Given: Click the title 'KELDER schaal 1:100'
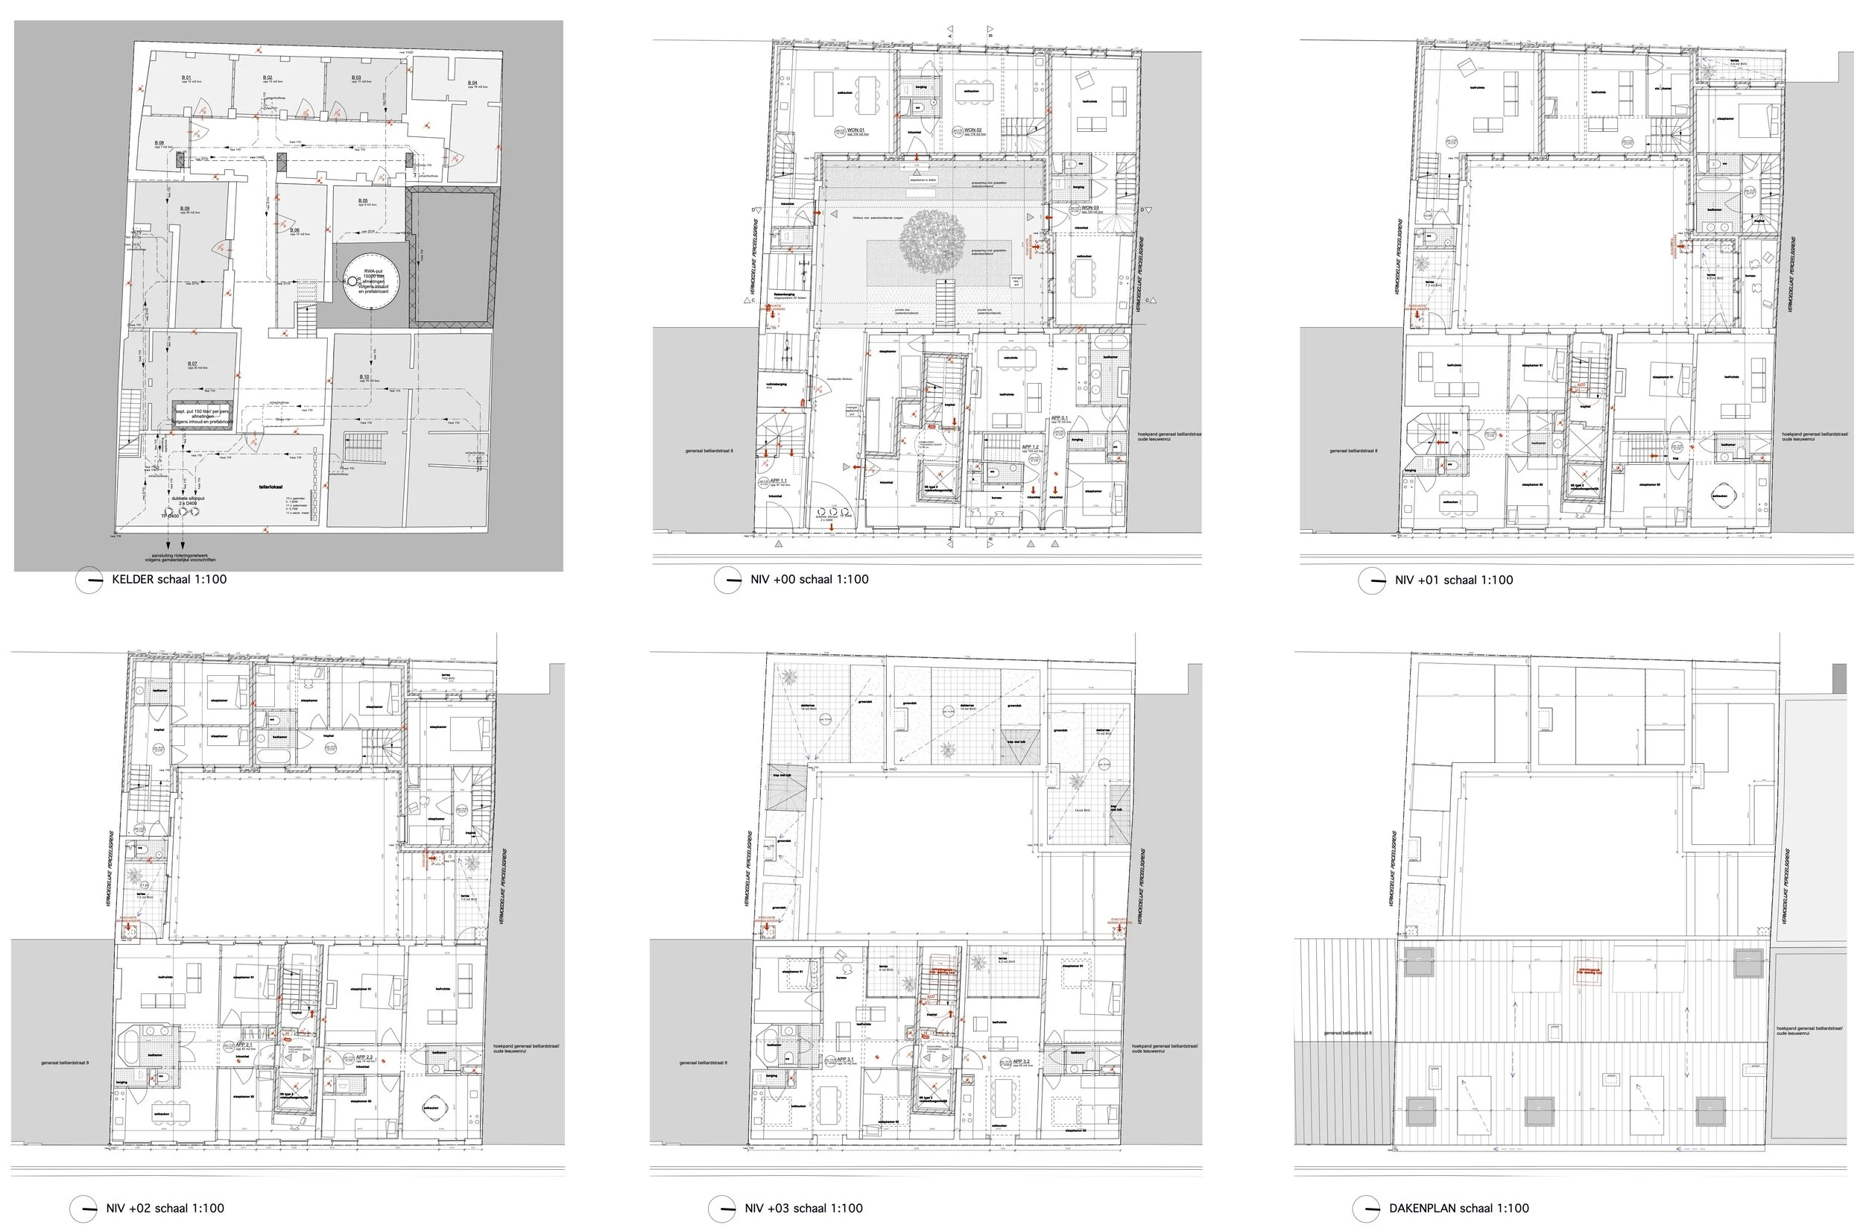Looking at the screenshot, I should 168,580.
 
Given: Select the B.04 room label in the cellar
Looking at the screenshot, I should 472,83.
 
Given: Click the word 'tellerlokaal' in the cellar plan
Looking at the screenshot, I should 271,487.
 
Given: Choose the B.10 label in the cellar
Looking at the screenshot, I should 364,377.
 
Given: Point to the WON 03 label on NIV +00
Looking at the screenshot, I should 1090,209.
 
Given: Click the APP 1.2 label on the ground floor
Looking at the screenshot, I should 1030,447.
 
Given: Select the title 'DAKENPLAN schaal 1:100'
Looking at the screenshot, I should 1458,1209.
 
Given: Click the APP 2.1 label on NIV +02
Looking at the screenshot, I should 244,1045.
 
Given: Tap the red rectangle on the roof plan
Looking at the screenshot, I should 1588,972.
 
